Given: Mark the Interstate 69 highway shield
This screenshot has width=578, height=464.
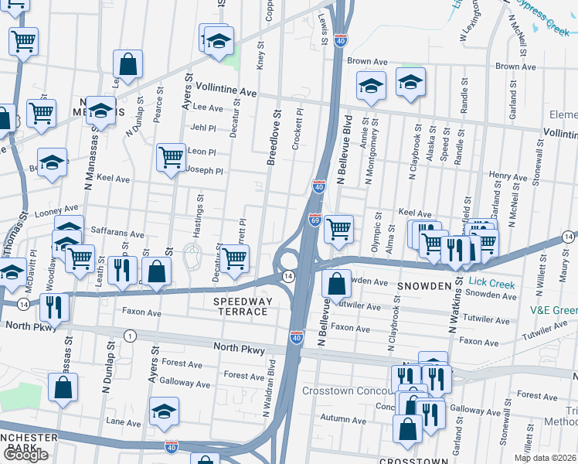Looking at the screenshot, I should pos(314,221).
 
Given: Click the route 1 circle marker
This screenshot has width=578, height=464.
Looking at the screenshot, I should pos(131,336).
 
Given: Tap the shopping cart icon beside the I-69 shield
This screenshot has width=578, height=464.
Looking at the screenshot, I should pos(338,230).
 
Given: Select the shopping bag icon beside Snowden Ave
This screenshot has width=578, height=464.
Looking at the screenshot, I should pos(336,285).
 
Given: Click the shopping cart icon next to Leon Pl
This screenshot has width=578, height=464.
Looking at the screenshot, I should pos(170,158).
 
